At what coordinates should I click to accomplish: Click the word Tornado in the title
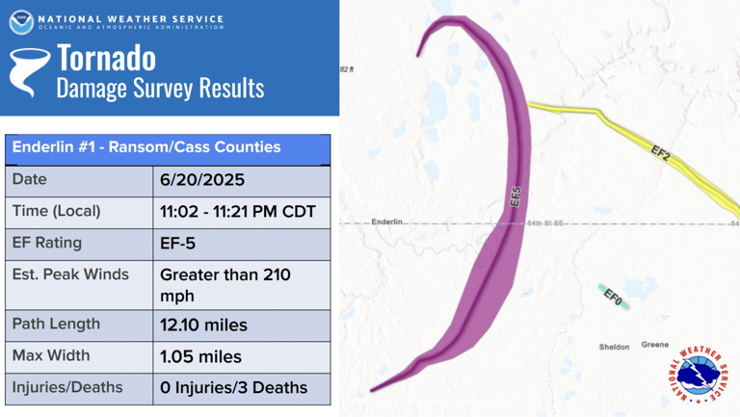tap(106, 59)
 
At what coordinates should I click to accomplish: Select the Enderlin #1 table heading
tap(146, 147)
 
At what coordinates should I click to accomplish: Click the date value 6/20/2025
tap(202, 180)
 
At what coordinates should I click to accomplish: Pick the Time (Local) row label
tap(56, 211)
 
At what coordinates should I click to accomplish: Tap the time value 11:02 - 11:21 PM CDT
tap(238, 212)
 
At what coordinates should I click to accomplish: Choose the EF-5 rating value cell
tap(178, 244)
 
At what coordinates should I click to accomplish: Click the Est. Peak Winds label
tap(70, 274)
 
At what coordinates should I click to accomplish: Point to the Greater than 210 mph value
tap(225, 284)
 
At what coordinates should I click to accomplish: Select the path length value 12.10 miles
tap(203, 326)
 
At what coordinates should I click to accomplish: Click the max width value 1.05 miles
tap(200, 356)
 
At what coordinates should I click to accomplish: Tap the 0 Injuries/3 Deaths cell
tap(233, 388)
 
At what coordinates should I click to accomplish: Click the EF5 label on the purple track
tap(515, 197)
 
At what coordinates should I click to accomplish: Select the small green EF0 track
tap(611, 296)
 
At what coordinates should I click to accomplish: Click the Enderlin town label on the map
tap(387, 222)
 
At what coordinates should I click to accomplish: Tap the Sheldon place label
tap(614, 347)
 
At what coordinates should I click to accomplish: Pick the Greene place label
tap(655, 345)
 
